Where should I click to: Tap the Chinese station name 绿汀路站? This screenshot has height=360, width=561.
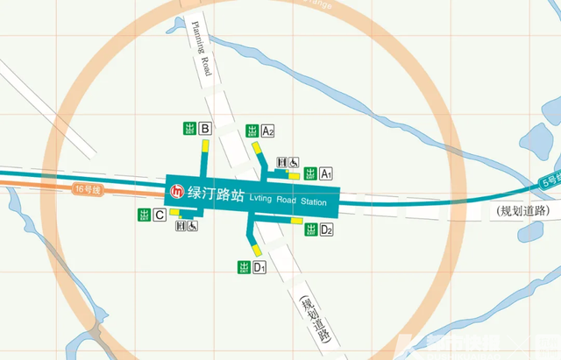[214, 193]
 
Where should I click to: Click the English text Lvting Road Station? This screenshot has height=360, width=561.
[288, 202]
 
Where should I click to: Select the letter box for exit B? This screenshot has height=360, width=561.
[205, 129]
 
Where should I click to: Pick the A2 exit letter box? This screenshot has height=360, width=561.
[268, 131]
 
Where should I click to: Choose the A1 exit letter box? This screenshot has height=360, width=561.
[325, 174]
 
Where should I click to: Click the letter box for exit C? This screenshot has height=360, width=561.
[160, 215]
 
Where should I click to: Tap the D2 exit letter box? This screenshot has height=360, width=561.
[326, 230]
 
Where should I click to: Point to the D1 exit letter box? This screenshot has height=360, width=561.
[259, 267]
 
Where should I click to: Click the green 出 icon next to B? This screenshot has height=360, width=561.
[189, 129]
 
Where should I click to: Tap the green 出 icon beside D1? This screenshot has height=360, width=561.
[244, 267]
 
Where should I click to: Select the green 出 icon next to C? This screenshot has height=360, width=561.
[144, 215]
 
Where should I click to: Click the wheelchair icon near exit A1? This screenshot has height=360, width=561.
[295, 162]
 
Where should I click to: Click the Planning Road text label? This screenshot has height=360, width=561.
[199, 50]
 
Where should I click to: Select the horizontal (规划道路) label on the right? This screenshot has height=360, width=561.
[522, 211]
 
